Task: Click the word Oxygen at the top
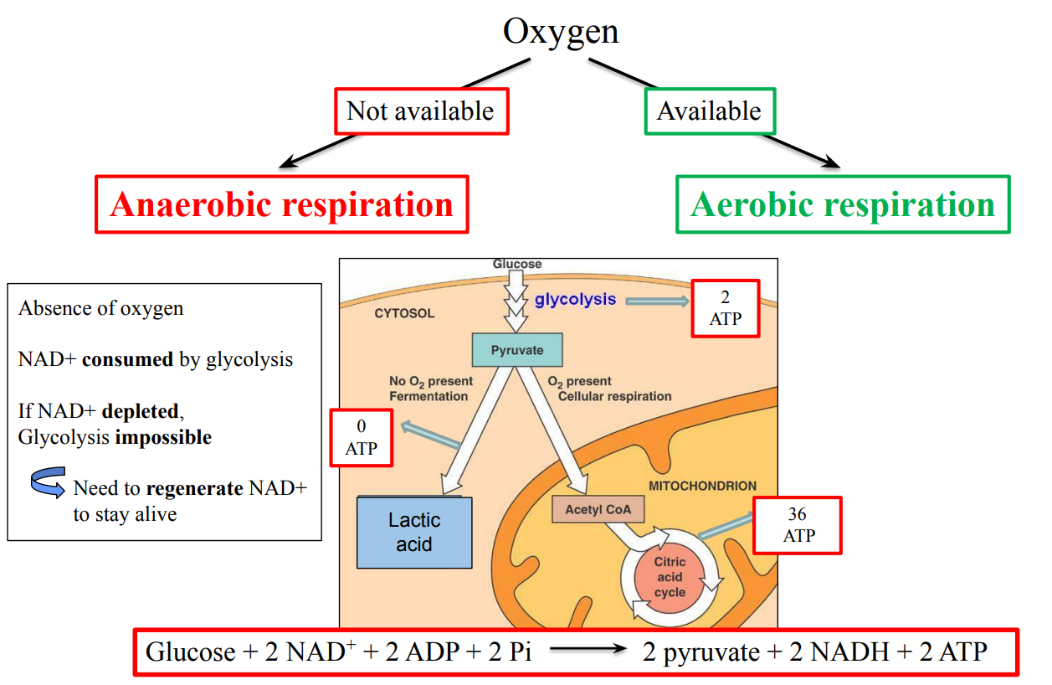(x=561, y=31)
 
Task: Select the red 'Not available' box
(x=421, y=111)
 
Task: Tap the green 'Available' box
(x=709, y=111)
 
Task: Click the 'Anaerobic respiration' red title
(x=281, y=204)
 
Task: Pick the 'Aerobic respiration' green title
(x=842, y=204)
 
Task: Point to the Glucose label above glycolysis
(x=516, y=265)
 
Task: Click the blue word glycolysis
(x=575, y=299)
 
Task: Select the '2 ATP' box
(x=725, y=309)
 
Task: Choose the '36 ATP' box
(x=797, y=525)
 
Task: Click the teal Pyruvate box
(x=516, y=350)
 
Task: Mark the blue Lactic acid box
(x=414, y=533)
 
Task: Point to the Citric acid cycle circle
(x=669, y=577)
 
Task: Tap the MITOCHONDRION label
(x=702, y=486)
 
